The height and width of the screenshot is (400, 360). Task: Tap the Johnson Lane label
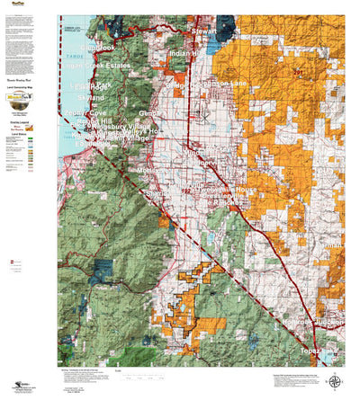click(x=231, y=84)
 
